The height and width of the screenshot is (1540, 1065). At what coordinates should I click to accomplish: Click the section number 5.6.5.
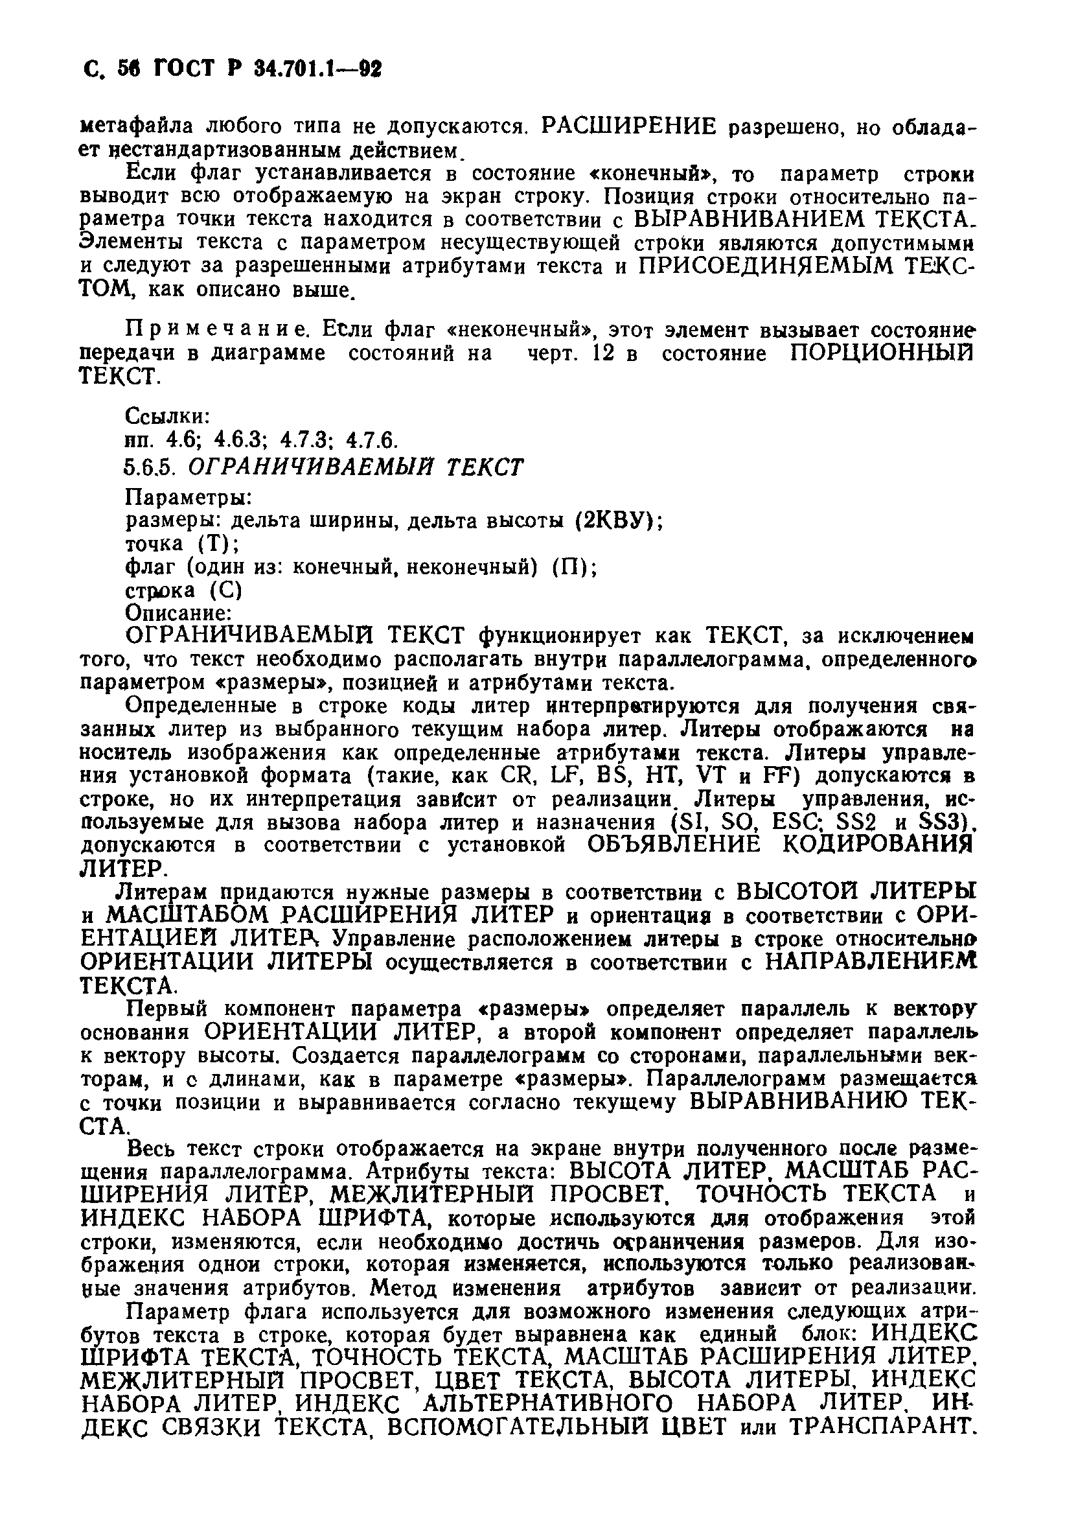[149, 467]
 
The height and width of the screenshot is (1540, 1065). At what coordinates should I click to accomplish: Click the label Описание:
[178, 612]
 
